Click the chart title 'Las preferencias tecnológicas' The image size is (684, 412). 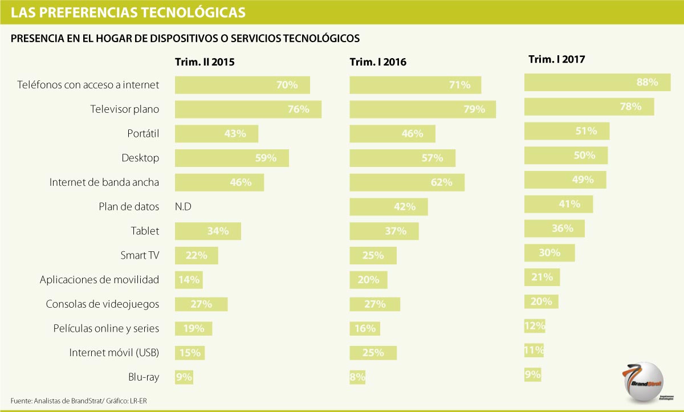click(128, 12)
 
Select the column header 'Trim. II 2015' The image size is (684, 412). click(204, 62)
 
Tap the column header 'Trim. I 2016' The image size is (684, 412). click(378, 62)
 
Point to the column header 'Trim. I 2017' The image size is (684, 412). click(557, 59)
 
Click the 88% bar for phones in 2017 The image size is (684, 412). click(597, 82)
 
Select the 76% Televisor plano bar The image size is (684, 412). click(248, 109)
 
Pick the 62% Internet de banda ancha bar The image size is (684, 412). click(406, 182)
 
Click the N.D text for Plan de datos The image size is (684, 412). click(183, 207)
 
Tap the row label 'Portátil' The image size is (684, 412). click(142, 134)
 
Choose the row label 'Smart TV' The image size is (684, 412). click(140, 255)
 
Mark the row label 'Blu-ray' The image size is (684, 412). click(144, 377)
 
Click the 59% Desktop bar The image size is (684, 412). click(231, 158)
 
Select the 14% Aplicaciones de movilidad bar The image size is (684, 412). click(189, 280)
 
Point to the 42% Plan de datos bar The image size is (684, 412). click(388, 207)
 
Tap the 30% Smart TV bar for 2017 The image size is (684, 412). click(549, 253)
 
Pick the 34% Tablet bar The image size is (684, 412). click(207, 231)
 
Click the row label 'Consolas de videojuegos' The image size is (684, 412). click(102, 304)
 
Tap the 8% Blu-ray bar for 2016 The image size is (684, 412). click(357, 377)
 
